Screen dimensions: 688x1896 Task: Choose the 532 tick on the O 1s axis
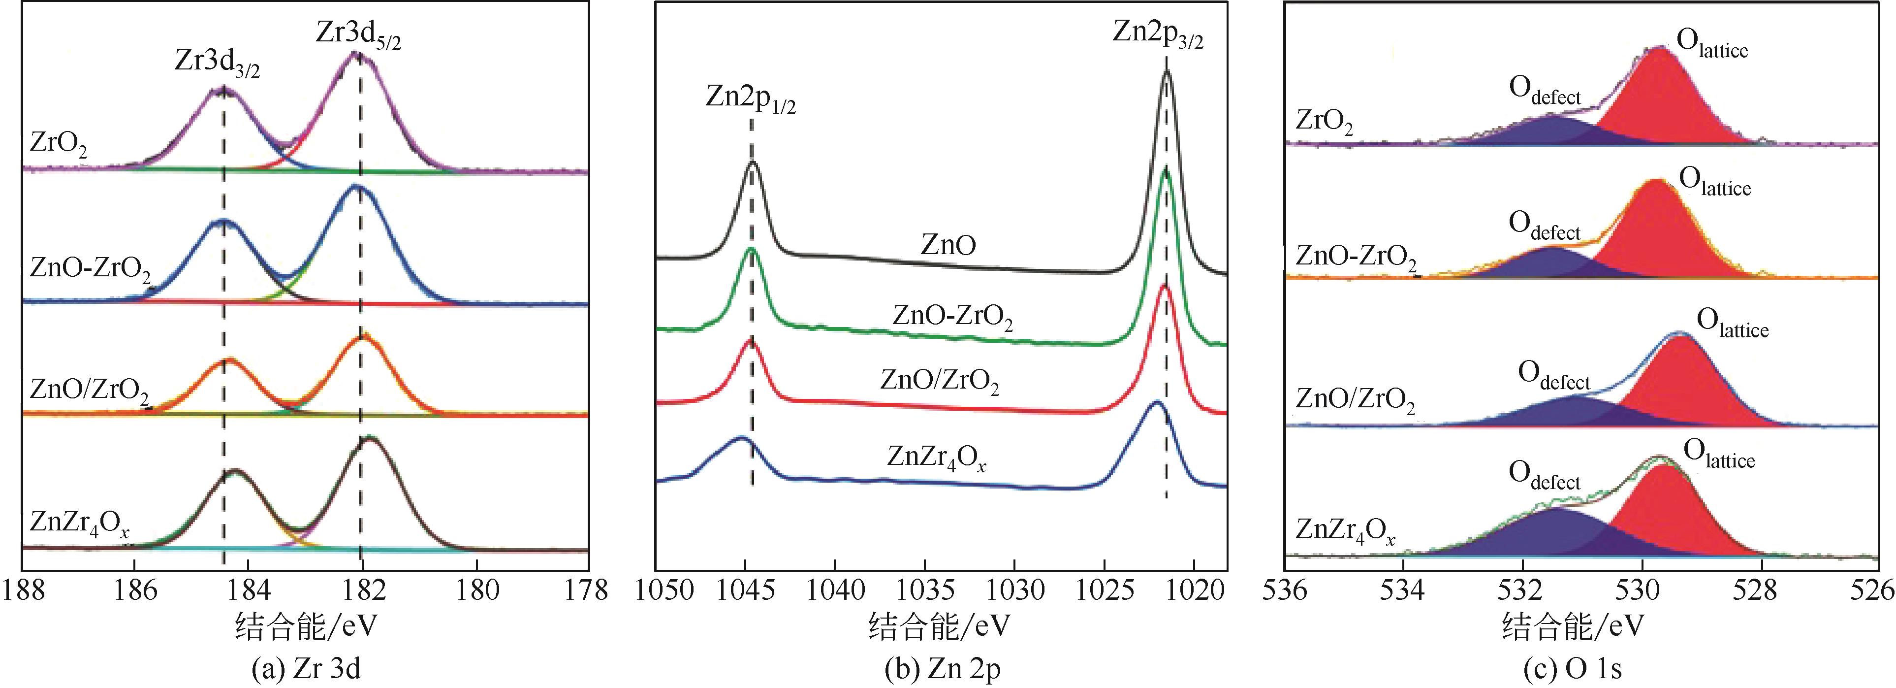(x=1522, y=590)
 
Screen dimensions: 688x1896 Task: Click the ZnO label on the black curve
(x=948, y=245)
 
